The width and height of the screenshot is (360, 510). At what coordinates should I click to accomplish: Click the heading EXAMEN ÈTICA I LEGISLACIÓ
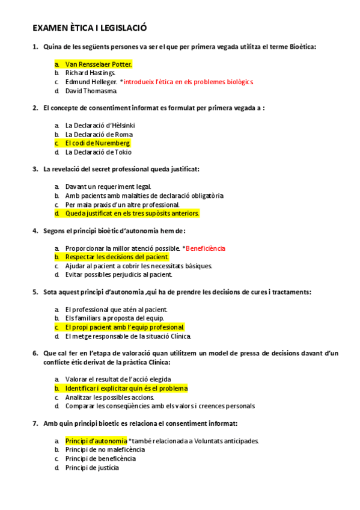(90, 28)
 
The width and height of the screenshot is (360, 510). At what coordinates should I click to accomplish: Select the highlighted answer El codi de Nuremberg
(97, 143)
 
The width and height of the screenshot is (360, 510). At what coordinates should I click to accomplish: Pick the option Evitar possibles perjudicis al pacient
(118, 275)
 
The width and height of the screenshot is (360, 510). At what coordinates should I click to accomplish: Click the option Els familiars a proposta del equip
(114, 318)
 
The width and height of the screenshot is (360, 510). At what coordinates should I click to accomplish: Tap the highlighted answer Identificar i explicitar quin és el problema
(126, 389)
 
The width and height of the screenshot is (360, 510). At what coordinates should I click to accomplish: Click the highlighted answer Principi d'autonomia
(96, 441)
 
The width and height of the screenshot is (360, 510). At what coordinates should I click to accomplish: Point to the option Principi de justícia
(92, 467)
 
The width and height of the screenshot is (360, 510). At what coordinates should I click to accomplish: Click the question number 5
(35, 292)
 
